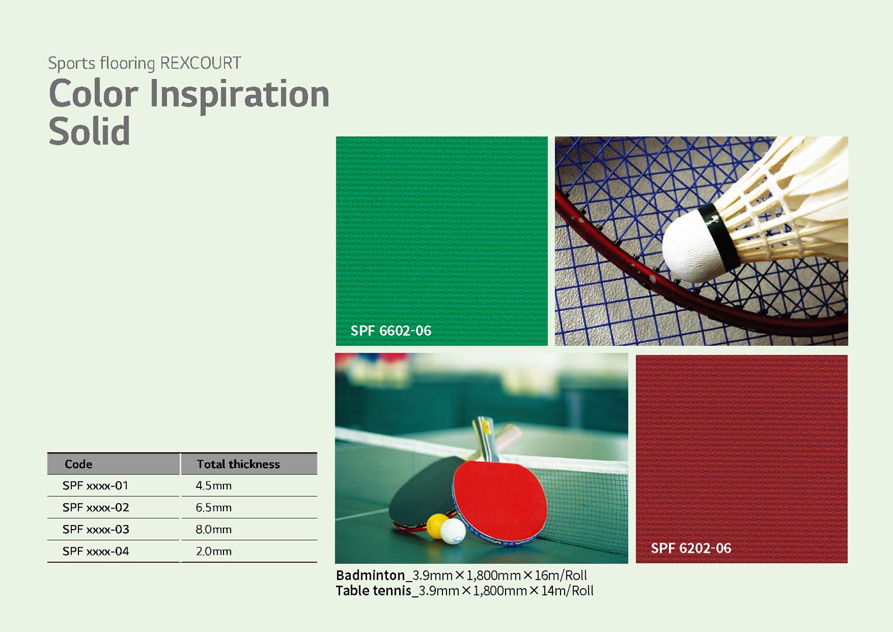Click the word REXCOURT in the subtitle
point(201,63)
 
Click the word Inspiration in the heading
point(239,95)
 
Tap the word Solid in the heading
point(90,130)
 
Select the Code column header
point(78,464)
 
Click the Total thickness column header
point(238,464)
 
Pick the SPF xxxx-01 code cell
point(95,486)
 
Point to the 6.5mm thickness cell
point(213,507)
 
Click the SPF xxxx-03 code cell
point(96,530)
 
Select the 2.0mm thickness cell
point(213,551)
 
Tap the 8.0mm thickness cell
point(213,530)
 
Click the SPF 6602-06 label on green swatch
point(391,331)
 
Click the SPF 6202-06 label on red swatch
point(691,548)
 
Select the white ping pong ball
point(453,531)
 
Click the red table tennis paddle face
point(500,500)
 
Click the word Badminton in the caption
point(370,575)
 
